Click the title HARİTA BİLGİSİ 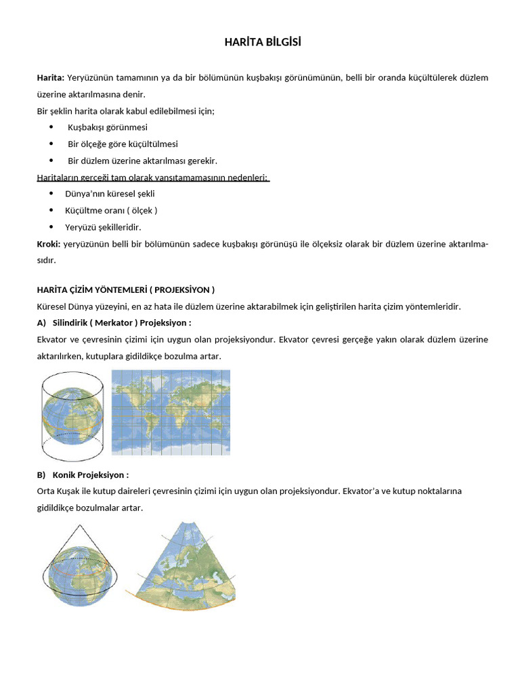point(263,43)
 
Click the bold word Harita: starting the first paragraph point(51,78)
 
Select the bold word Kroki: point(49,244)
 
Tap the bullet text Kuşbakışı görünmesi point(108,127)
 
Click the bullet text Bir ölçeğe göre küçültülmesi point(123,144)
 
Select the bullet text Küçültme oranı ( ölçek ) point(111,211)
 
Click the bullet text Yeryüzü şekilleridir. point(103,227)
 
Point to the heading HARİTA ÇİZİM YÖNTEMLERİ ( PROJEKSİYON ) point(125,290)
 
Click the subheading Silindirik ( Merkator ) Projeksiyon point(122,323)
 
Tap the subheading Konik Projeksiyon point(90,475)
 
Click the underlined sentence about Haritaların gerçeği point(152,178)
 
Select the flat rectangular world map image point(171,412)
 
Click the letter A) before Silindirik point(41,323)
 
